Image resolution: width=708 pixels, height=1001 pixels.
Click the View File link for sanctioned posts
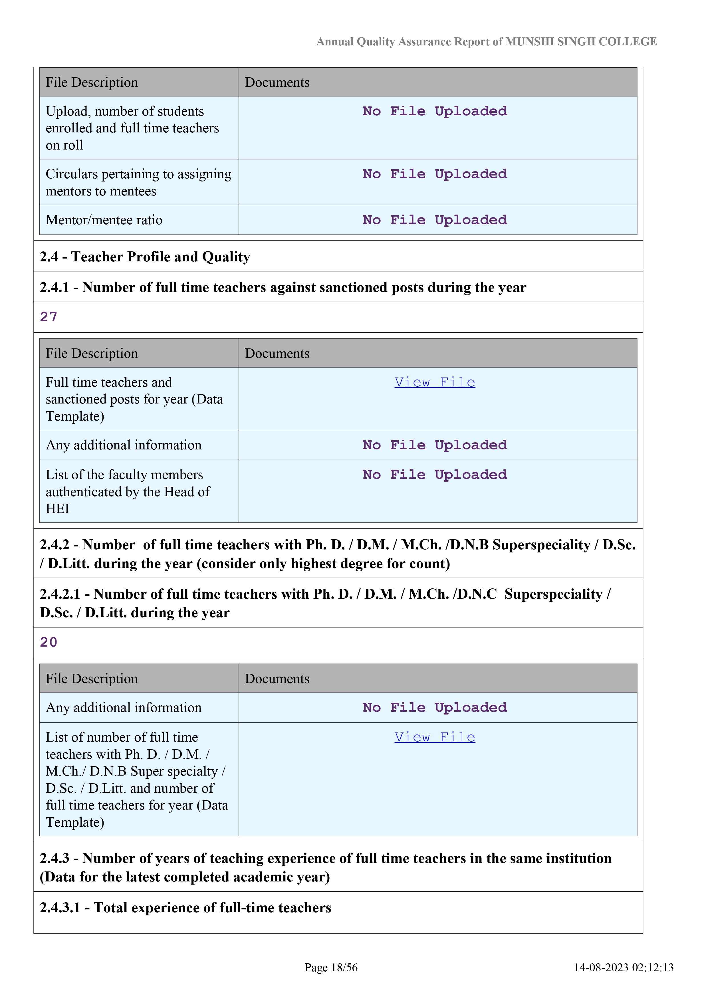point(435,382)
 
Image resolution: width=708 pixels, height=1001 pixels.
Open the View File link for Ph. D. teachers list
point(435,737)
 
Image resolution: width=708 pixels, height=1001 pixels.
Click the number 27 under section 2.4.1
point(49,317)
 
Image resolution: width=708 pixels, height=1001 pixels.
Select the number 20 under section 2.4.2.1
point(49,642)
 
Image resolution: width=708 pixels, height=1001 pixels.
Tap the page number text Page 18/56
point(331,967)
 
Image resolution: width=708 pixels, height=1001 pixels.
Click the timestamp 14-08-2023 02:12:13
point(624,967)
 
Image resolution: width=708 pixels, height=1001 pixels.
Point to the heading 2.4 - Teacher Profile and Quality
point(145,257)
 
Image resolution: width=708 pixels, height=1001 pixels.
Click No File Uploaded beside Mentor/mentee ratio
point(435,220)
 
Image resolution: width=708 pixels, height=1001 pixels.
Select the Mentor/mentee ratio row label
point(104,220)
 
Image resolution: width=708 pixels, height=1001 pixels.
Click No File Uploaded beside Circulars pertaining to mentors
point(435,174)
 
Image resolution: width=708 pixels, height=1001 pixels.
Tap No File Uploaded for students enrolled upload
point(435,111)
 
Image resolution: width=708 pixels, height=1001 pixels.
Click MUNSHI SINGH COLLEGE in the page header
point(581,42)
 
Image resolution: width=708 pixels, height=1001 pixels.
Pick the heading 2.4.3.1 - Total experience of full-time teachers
point(185,907)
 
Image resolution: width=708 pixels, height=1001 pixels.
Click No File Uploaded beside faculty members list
point(435,475)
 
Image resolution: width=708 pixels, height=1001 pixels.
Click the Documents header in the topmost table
point(277,82)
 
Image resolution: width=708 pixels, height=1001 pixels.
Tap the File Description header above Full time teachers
point(92,353)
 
